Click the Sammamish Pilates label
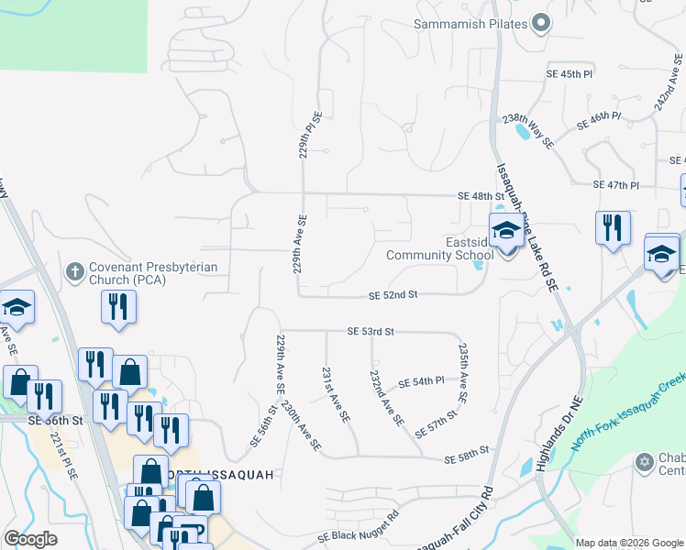pyautogui.click(x=470, y=24)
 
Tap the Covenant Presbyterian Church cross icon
pyautogui.click(x=76, y=271)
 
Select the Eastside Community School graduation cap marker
pyautogui.click(x=505, y=234)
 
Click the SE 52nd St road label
pyautogui.click(x=393, y=295)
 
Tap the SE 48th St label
pyautogui.click(x=482, y=196)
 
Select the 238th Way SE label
pyautogui.click(x=527, y=131)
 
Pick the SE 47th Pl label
pyautogui.click(x=615, y=185)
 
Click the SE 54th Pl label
pyautogui.click(x=421, y=380)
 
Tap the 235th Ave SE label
pyautogui.click(x=463, y=373)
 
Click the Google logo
pyautogui.click(x=30, y=539)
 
